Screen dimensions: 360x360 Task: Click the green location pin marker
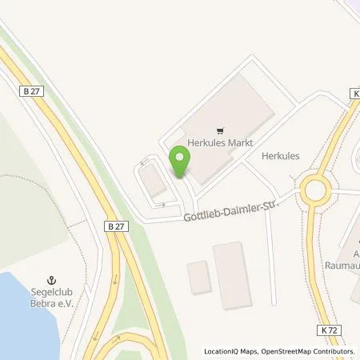[179, 162]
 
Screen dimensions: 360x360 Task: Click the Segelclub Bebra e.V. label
[55, 298]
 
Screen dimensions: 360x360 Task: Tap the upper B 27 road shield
[31, 92]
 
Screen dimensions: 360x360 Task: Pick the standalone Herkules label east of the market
[280, 157]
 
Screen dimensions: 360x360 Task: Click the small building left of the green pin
[154, 183]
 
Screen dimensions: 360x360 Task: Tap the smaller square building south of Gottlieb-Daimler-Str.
[198, 277]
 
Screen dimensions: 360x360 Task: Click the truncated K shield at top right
[354, 94]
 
